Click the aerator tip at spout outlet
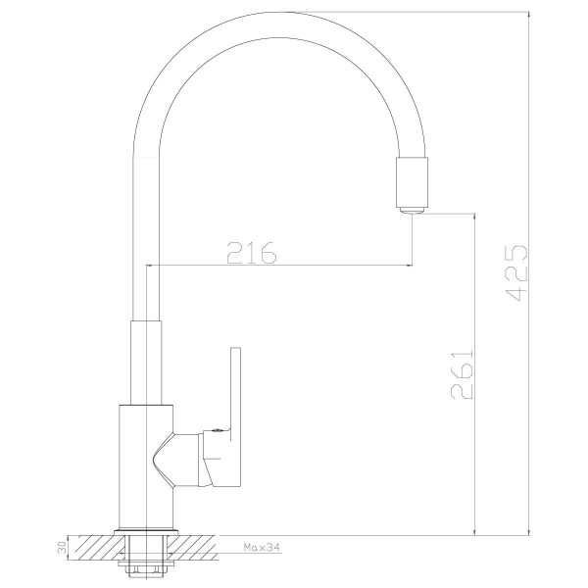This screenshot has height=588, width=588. point(413,207)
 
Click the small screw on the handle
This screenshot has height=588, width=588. point(210,428)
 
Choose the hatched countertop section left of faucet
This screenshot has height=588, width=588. point(94,545)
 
